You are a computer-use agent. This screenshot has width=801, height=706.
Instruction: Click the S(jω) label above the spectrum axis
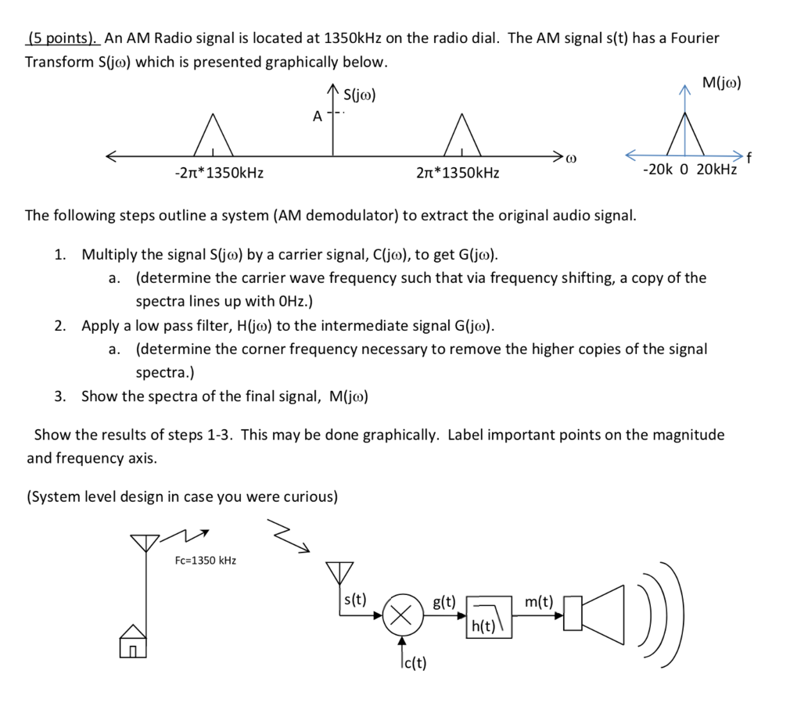click(360, 96)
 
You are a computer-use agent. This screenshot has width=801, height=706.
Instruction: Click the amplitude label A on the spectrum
click(317, 116)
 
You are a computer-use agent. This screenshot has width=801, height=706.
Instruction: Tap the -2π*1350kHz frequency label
click(218, 173)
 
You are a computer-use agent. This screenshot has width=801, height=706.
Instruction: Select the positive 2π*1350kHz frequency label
click(458, 173)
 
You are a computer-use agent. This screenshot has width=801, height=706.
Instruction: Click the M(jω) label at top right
click(721, 83)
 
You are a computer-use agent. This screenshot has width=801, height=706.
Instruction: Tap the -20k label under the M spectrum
click(657, 170)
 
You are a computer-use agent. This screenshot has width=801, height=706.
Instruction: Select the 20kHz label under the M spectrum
click(716, 170)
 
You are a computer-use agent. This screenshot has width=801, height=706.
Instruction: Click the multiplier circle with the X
click(402, 616)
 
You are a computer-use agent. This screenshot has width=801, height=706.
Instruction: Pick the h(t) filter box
click(490, 617)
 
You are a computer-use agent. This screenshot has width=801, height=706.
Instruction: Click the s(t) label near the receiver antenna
click(354, 600)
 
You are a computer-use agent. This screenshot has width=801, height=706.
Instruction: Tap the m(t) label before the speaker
click(539, 601)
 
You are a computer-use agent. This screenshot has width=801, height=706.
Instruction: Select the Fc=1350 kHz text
click(206, 560)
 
